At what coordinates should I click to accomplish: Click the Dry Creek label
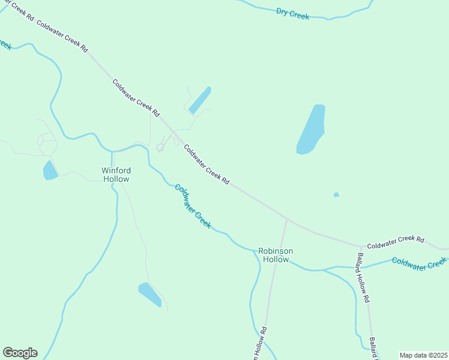click(292, 13)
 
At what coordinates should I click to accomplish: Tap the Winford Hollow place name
click(116, 174)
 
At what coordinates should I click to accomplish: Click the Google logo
click(20, 353)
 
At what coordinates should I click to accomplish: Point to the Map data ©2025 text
click(423, 355)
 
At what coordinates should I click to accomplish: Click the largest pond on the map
click(312, 130)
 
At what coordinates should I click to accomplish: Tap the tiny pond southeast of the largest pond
click(336, 194)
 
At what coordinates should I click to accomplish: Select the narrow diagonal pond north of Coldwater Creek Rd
click(200, 100)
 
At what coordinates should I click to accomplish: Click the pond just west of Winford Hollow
click(50, 170)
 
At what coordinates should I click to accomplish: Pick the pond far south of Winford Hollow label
click(150, 294)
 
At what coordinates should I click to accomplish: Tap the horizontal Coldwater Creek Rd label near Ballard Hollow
click(396, 242)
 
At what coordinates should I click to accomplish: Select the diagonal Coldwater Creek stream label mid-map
click(193, 206)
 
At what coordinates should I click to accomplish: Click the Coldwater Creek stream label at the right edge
click(420, 263)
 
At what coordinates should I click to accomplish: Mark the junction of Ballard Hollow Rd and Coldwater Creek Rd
click(361, 246)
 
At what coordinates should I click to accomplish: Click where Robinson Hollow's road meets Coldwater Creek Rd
click(287, 220)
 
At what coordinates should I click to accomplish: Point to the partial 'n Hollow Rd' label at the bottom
click(260, 344)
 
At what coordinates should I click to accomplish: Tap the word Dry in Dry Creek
click(283, 11)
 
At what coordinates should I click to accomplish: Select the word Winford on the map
click(116, 170)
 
